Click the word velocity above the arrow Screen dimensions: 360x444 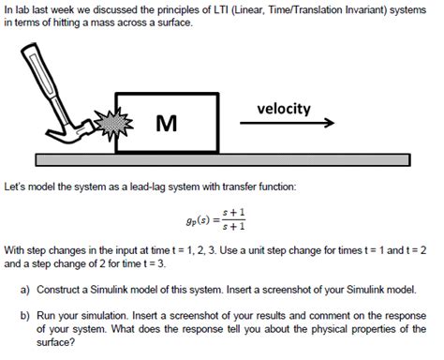pos(284,109)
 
